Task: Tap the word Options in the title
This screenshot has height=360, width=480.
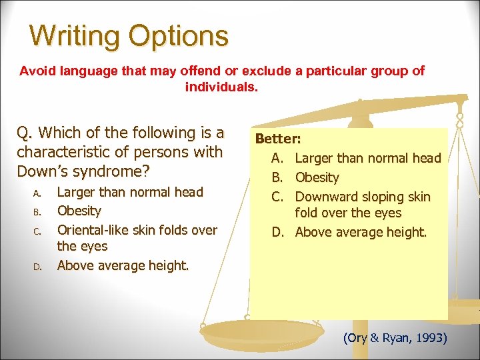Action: [x=178, y=37]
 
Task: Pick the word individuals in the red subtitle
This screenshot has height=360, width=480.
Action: [x=219, y=87]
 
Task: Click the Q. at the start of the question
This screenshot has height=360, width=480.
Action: [x=25, y=133]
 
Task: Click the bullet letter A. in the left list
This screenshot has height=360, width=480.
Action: [x=37, y=193]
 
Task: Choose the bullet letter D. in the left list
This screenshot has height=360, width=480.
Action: [x=37, y=267]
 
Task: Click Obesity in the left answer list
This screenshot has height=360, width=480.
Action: [x=79, y=211]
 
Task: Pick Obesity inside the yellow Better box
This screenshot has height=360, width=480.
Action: [x=317, y=177]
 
